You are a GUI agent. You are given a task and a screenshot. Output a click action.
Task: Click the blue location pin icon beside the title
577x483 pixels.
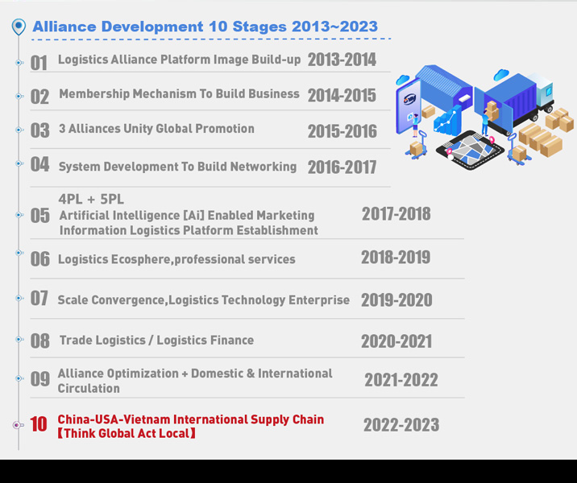tap(19, 27)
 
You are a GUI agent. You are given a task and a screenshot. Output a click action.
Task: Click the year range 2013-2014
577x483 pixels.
tap(342, 60)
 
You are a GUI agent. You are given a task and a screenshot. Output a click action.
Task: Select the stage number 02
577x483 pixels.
tap(39, 97)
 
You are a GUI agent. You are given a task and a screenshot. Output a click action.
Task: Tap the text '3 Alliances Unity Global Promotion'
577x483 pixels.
tap(156, 129)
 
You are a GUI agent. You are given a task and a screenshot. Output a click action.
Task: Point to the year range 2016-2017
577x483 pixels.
tap(342, 167)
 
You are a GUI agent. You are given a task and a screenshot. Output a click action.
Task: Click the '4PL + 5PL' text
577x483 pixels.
tap(91, 199)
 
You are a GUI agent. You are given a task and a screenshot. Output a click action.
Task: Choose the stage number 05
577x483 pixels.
tap(39, 216)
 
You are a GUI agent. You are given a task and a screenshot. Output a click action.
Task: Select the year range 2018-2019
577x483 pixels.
tap(396, 258)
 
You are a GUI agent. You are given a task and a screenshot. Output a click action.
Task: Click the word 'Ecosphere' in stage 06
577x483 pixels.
tap(140, 259)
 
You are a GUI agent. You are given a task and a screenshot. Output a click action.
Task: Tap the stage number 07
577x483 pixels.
tap(39, 298)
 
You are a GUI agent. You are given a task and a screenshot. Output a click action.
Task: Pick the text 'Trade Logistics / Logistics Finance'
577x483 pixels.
tap(156, 341)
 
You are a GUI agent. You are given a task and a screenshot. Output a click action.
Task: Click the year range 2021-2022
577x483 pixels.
tap(401, 380)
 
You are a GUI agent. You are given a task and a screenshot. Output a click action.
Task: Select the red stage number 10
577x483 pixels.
tap(39, 424)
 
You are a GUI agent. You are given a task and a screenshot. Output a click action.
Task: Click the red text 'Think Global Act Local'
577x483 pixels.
tap(127, 433)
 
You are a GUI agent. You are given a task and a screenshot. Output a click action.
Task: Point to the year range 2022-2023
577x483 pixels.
tap(401, 425)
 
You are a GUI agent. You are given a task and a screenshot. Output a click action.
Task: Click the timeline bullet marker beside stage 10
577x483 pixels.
tap(18, 425)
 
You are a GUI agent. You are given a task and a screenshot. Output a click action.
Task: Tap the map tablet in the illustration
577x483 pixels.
tap(470, 150)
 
